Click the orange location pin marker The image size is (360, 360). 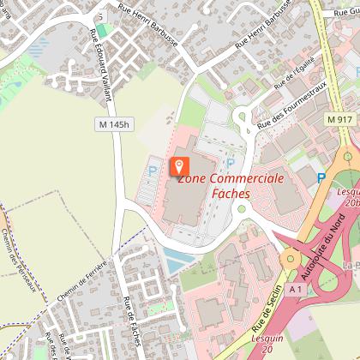pos(180,165)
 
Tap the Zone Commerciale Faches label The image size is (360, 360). pos(231,185)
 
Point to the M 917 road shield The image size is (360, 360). pos(339,119)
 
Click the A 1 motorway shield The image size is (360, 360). pos(297,291)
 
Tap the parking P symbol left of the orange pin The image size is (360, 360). pos(153,171)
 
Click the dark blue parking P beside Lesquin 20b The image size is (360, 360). pos(322,177)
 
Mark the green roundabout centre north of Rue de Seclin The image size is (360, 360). pos(291,256)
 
